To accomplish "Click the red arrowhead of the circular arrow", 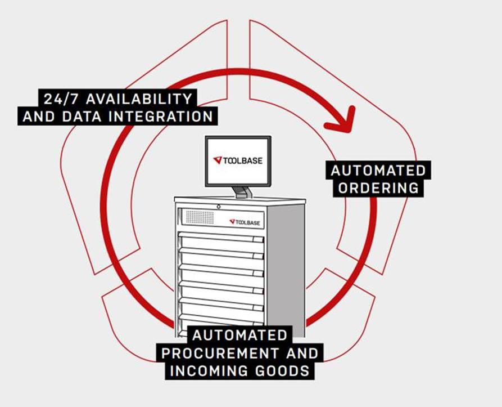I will (x=344, y=119).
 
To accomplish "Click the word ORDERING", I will (x=379, y=188).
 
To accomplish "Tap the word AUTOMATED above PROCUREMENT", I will (x=239, y=336).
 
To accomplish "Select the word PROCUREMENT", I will (x=219, y=354).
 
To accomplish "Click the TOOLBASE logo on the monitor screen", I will (x=238, y=160).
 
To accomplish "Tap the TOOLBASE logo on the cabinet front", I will (x=246, y=222).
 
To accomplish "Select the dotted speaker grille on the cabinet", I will (x=199, y=217).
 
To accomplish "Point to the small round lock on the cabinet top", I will (x=218, y=207).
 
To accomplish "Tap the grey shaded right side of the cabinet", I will (x=293, y=270).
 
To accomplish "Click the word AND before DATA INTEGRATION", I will (x=38, y=117).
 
